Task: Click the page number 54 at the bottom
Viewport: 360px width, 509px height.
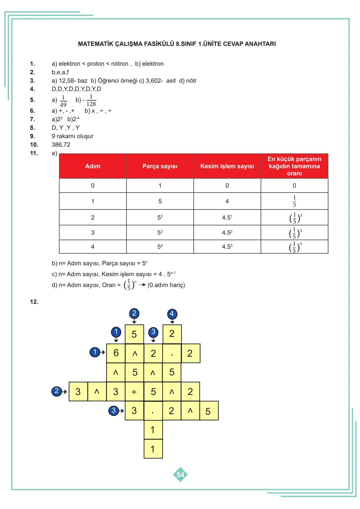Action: (180, 475)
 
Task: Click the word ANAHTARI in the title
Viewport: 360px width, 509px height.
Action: (260, 44)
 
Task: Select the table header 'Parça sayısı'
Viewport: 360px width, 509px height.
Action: (160, 166)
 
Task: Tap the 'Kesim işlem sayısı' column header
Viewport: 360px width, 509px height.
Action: (227, 166)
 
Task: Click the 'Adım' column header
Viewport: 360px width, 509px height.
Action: (93, 166)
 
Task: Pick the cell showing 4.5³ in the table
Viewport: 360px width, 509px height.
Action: (227, 247)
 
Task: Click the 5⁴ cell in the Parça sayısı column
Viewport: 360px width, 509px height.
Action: (160, 247)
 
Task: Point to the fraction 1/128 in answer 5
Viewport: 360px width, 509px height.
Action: (91, 100)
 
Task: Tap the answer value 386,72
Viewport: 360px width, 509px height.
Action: (61, 145)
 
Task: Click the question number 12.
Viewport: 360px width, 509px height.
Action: (34, 302)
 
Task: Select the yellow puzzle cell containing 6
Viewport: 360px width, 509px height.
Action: (116, 353)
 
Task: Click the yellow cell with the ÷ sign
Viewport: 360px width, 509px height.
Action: (134, 391)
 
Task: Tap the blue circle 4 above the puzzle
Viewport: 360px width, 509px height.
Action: (172, 314)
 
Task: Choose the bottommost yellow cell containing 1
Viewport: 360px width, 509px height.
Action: (153, 449)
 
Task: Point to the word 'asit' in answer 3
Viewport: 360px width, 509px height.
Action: (171, 81)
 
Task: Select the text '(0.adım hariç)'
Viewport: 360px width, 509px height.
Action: (166, 285)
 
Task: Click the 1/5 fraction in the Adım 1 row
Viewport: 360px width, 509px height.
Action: (294, 201)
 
